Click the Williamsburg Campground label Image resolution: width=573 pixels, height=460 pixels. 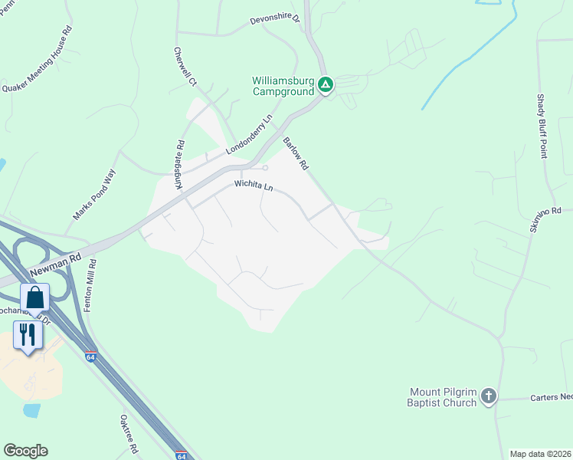283,86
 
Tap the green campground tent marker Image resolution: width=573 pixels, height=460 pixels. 326,84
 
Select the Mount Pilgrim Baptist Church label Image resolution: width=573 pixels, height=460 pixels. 443,398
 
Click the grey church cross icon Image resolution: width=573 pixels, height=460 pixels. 489,397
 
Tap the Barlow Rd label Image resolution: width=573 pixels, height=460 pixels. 295,153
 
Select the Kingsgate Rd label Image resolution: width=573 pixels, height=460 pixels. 179,164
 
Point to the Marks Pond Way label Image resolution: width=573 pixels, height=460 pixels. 93,195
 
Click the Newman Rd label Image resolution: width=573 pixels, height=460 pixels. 54,266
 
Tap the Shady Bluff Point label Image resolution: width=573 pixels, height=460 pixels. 541,127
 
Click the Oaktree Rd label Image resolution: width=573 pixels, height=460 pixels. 128,435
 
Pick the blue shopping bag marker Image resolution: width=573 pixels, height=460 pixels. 35,297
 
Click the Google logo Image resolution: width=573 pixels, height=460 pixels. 25,451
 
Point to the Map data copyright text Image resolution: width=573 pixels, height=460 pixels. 540,454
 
